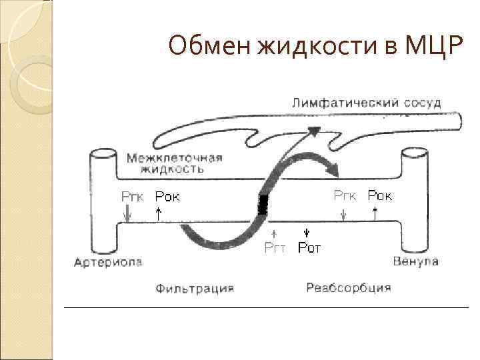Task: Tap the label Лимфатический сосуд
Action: [366, 103]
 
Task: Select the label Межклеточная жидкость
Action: [174, 163]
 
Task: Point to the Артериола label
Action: [108, 262]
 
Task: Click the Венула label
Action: [416, 261]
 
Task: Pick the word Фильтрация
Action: [195, 289]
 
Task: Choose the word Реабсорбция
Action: [349, 288]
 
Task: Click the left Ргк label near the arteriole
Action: [132, 197]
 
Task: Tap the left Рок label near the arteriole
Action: [167, 197]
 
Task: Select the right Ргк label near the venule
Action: [345, 195]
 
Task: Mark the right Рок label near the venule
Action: [380, 195]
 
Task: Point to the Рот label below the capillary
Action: [309, 249]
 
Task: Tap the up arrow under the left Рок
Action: [159, 213]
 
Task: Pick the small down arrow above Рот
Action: [307, 233]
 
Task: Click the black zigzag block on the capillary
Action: [263, 204]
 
